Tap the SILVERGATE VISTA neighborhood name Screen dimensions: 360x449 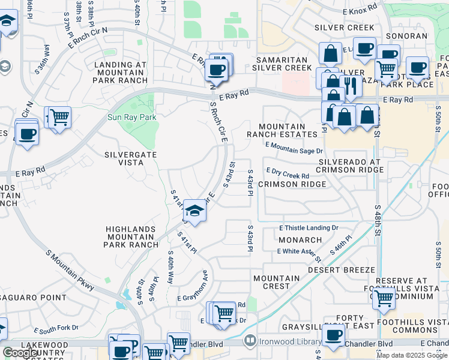pyautogui.click(x=131, y=158)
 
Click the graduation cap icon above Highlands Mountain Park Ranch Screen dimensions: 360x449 pyautogui.click(x=194, y=211)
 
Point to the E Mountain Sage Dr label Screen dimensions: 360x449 pyautogui.click(x=294, y=148)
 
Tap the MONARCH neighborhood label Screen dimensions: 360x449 pyautogui.click(x=300, y=239)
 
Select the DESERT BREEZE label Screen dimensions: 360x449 pyautogui.click(x=342, y=270)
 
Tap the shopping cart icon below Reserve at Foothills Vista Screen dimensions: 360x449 pyautogui.click(x=383, y=298)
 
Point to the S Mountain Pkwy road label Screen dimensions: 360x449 pyautogui.click(x=70, y=270)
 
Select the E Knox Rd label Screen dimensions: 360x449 pyautogui.click(x=358, y=7)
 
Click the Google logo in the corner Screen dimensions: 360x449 pyautogui.click(x=21, y=353)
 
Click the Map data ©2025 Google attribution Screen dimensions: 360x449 pyautogui.click(x=411, y=355)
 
